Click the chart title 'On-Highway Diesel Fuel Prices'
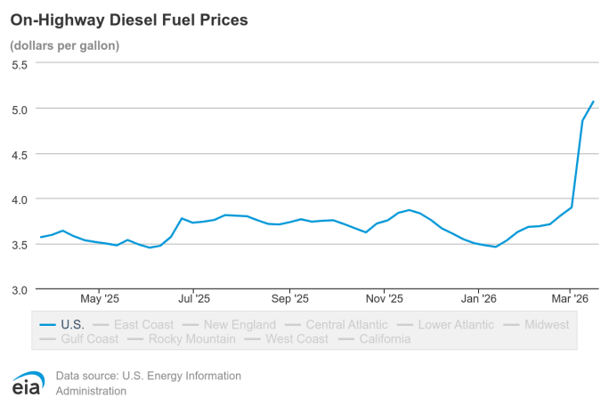tap(129, 18)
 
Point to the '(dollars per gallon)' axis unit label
tap(65, 45)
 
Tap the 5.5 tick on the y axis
tap(20, 64)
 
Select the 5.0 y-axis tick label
tap(20, 109)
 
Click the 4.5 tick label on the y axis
tap(20, 154)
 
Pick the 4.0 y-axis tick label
tap(20, 199)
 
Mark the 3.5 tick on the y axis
tap(20, 244)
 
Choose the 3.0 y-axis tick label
tap(20, 289)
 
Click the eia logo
tap(28, 383)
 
